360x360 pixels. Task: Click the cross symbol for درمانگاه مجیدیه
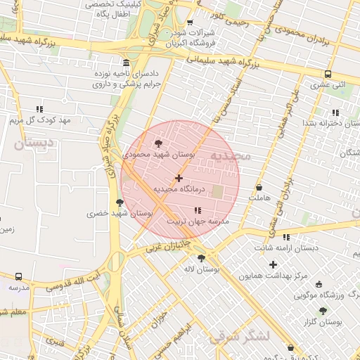[x=179, y=178]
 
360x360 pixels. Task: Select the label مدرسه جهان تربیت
[x=193, y=221]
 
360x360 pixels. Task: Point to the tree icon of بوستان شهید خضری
[x=120, y=202]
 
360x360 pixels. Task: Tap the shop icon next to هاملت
[x=259, y=188]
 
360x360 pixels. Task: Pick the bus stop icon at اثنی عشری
[x=328, y=74]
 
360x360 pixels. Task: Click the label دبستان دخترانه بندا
[x=330, y=123]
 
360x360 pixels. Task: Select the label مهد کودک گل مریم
[x=41, y=120]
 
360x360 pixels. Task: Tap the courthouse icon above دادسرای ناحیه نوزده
[x=125, y=62]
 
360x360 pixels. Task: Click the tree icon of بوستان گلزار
[x=323, y=311]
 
